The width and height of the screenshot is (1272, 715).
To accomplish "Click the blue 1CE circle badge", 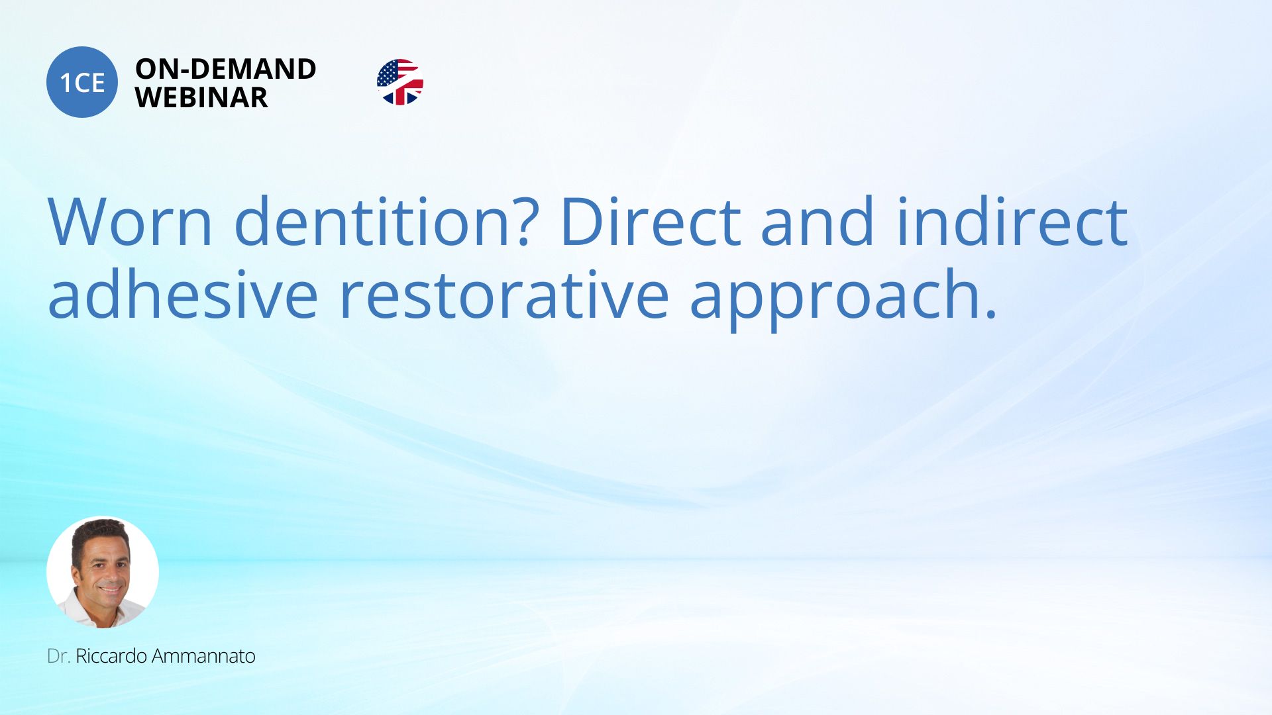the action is (82, 82).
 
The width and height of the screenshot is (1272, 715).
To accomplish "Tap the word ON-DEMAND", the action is (226, 69).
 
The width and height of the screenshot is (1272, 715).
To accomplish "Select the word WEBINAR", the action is (201, 98).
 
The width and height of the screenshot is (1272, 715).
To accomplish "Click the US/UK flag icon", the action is (400, 82).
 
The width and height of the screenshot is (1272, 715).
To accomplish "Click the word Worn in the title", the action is (130, 222).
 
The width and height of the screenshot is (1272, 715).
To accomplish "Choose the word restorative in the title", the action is (504, 296).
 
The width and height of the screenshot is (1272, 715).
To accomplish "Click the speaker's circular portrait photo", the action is (103, 572).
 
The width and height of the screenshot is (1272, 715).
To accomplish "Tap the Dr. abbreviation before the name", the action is (58, 656).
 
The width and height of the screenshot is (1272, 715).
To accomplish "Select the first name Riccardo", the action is (111, 656).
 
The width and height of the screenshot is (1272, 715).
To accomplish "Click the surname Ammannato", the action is (203, 656).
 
